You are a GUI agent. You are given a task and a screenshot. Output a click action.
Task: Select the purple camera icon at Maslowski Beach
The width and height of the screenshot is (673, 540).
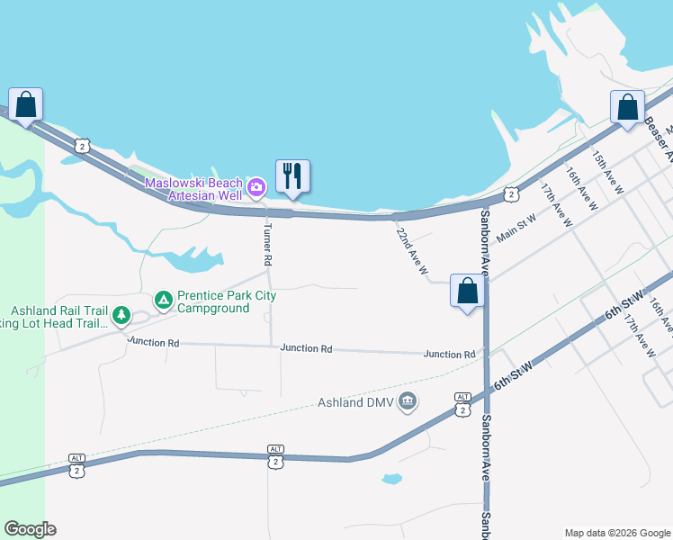click(256, 187)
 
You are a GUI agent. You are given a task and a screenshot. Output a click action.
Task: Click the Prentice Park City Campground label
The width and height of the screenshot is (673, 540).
click(226, 301)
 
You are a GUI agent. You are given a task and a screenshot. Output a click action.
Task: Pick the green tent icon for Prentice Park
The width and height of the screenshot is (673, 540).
click(163, 300)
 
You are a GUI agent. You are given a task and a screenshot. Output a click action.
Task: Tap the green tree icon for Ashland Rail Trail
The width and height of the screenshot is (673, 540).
click(121, 317)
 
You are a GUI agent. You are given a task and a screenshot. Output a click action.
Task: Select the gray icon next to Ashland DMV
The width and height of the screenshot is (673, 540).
click(408, 400)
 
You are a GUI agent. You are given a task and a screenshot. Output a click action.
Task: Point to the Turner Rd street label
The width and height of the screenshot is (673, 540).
click(267, 245)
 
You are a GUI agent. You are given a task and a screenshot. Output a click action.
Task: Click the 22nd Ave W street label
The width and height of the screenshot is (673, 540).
click(411, 249)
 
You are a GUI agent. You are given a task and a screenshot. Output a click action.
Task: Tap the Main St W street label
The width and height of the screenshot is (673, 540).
click(516, 225)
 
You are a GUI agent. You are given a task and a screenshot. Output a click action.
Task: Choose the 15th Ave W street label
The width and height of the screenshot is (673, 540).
click(607, 173)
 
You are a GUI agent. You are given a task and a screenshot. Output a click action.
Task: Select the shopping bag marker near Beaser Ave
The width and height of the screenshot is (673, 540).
click(627, 107)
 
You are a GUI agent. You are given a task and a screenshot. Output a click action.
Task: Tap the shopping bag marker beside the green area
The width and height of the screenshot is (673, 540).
click(25, 104)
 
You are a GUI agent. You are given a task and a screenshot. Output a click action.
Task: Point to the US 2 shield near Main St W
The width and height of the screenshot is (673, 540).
click(510, 193)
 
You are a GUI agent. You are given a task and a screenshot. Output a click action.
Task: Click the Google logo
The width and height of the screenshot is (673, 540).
click(31, 529)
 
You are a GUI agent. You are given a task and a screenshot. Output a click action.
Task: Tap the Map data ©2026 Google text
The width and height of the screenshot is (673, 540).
click(616, 532)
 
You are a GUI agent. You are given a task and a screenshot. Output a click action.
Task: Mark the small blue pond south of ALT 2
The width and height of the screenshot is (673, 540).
click(390, 479)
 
